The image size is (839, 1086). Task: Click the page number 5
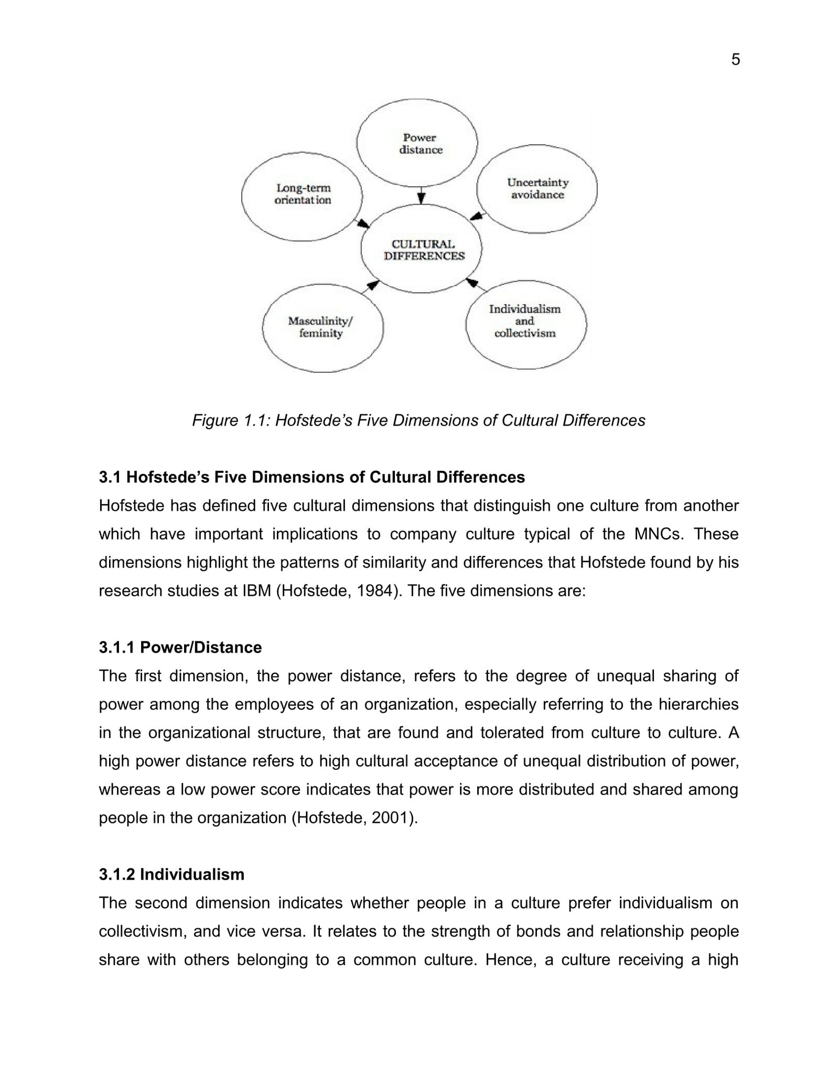tap(735, 60)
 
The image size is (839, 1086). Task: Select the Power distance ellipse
tap(417, 143)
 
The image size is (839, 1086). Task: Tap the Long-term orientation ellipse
tap(302, 193)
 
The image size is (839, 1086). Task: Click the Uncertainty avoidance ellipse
tap(537, 188)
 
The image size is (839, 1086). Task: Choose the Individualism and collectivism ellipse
tap(525, 321)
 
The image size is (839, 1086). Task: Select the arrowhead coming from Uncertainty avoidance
tap(476, 216)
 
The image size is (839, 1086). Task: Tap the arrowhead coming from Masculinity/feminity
tap(373, 285)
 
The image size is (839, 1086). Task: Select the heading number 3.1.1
tap(117, 648)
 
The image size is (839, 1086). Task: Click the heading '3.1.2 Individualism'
tap(171, 874)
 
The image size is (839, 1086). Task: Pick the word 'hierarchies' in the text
tap(698, 704)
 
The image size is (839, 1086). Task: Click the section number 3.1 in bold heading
tap(110, 477)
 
